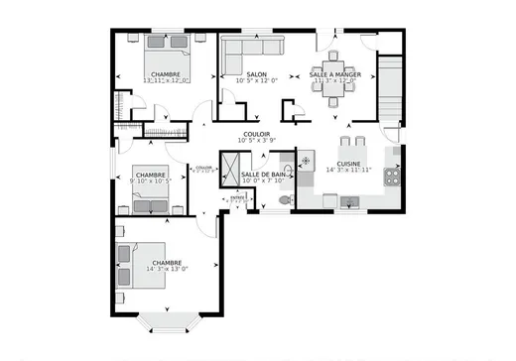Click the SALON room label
click(x=257, y=74)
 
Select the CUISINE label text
click(x=348, y=164)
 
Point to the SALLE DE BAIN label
click(x=263, y=175)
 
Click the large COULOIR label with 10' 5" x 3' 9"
click(x=257, y=135)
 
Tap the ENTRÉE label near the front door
click(x=237, y=197)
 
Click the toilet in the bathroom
click(x=286, y=198)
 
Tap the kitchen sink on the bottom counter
click(x=348, y=202)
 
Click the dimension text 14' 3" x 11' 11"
click(x=348, y=171)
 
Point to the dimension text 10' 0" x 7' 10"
click(x=263, y=181)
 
